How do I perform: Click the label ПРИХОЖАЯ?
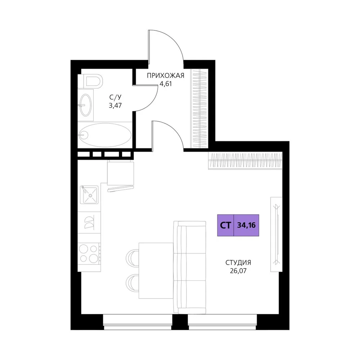(x=166, y=76)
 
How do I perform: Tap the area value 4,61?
(x=166, y=84)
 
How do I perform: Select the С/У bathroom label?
(x=115, y=97)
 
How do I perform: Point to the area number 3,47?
(x=115, y=105)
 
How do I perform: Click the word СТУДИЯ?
(x=238, y=262)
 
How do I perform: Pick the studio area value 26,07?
(x=238, y=271)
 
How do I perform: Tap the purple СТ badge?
(x=225, y=225)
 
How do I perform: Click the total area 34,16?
(x=246, y=225)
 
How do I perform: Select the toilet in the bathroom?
(x=90, y=81)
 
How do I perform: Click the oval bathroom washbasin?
(x=86, y=105)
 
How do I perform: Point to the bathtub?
(x=105, y=135)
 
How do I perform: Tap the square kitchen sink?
(x=89, y=195)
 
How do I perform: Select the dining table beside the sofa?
(x=156, y=271)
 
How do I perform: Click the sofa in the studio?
(x=190, y=267)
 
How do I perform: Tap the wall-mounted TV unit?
(x=276, y=234)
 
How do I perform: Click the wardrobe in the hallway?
(x=200, y=108)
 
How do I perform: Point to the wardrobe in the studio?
(x=246, y=161)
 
